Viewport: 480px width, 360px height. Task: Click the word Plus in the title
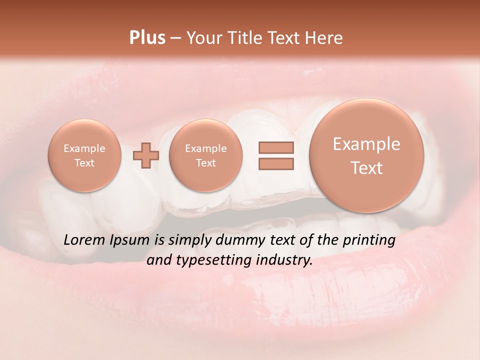point(147,38)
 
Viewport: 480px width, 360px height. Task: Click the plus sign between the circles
point(146,155)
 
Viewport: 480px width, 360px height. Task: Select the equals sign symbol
point(275,155)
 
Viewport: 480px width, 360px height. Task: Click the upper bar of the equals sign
point(275,147)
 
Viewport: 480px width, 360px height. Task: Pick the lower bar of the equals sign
point(275,163)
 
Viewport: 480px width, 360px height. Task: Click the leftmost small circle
point(84,155)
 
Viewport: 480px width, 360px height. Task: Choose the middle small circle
point(205,155)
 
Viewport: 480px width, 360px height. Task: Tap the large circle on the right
point(366,155)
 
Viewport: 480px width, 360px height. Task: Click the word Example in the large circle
point(366,144)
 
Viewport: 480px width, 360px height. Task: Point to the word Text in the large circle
point(366,168)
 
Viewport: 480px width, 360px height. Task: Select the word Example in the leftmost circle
point(84,148)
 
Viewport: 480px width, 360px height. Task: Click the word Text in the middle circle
point(205,163)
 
